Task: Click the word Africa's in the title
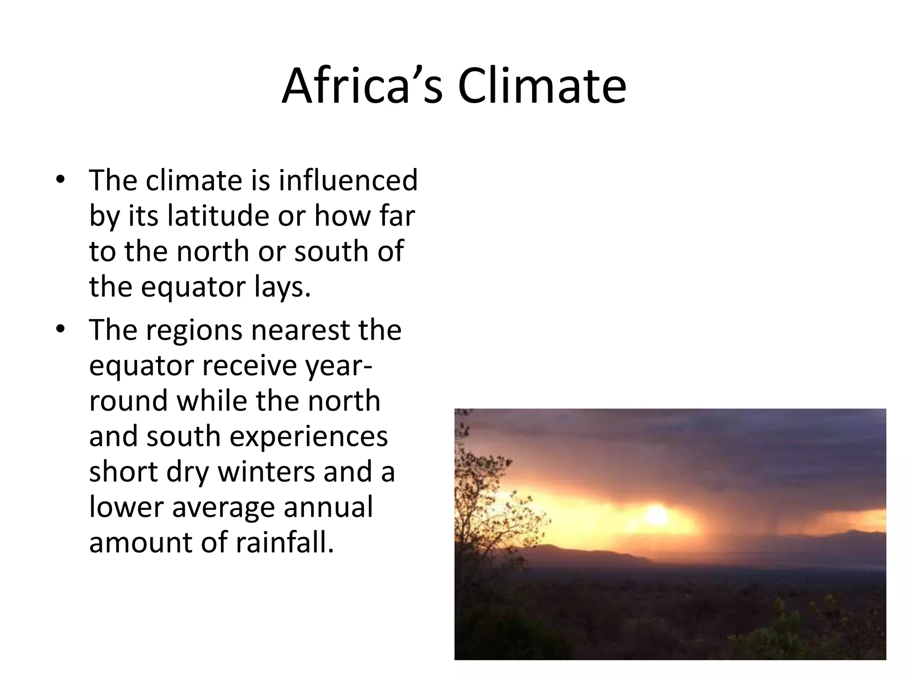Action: point(362,86)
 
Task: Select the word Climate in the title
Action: point(542,86)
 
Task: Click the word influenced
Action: point(348,180)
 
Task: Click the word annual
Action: point(328,507)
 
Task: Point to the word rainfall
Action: point(284,543)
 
